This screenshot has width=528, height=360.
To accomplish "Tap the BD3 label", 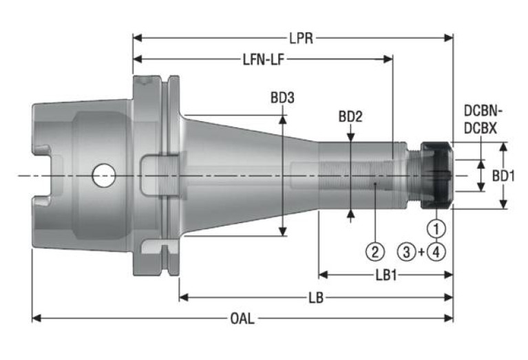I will (282, 98).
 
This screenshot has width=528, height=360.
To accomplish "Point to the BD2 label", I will (350, 116).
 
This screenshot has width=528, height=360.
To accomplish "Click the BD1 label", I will (504, 176).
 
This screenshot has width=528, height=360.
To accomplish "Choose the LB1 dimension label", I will (385, 275).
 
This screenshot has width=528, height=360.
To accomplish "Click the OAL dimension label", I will (242, 318).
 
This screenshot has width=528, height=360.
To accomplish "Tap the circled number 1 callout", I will (436, 226).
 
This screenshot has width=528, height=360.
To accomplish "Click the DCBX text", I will (481, 128).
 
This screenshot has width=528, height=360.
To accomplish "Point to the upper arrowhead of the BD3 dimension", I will (282, 118).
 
